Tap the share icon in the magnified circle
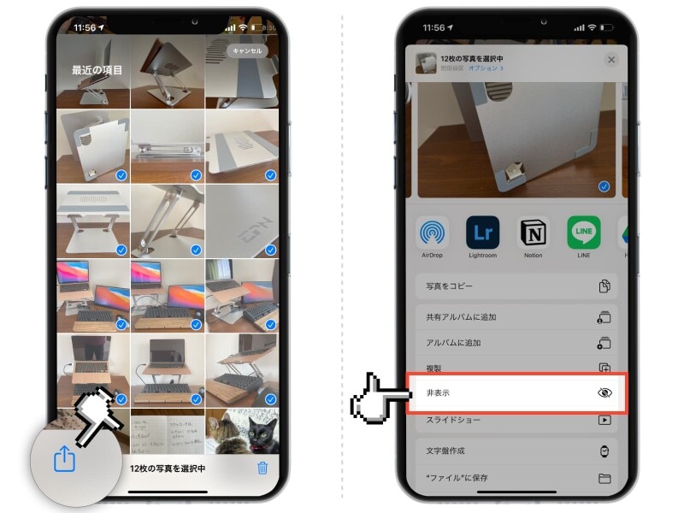[x=65, y=460]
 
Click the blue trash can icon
[x=263, y=468]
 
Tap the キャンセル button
[x=246, y=51]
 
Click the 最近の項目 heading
[x=97, y=70]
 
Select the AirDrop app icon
[x=433, y=233]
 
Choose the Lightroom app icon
[x=483, y=233]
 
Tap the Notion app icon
[x=534, y=233]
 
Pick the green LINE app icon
[x=584, y=233]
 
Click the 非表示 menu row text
[x=438, y=393]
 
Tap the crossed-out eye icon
[x=604, y=393]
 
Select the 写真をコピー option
[x=449, y=286]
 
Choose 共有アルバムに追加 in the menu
[x=461, y=317]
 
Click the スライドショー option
[x=453, y=420]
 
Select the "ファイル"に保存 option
[x=457, y=478]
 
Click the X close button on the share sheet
[x=610, y=60]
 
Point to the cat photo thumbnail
[x=241, y=431]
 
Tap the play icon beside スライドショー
[x=604, y=420]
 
